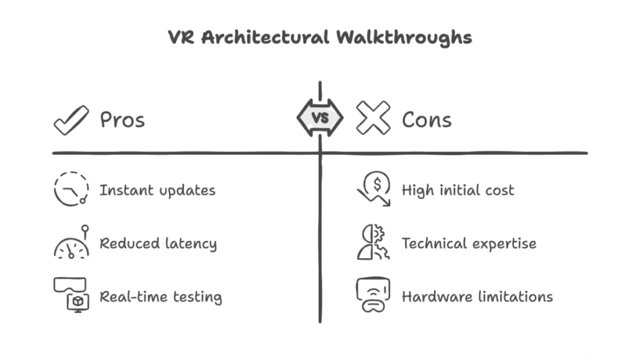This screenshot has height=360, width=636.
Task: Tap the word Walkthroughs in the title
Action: (x=404, y=37)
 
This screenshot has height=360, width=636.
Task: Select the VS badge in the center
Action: (x=320, y=118)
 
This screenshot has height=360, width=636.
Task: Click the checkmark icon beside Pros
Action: (x=71, y=119)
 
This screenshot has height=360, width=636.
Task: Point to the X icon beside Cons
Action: (x=373, y=118)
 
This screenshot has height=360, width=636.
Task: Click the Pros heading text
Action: (x=122, y=119)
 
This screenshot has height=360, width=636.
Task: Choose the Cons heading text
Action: (x=427, y=119)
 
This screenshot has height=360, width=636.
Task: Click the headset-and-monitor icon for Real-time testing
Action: (x=71, y=294)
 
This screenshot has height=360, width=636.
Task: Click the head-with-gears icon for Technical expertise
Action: (x=372, y=243)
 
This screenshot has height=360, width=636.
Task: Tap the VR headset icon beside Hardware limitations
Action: (x=373, y=295)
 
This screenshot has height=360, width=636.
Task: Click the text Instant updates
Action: (x=157, y=191)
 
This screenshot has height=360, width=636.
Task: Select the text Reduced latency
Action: (x=158, y=244)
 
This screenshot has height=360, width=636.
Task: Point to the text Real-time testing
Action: (x=160, y=297)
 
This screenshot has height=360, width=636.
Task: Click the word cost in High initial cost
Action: (x=500, y=191)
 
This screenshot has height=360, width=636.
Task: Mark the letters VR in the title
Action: (x=182, y=37)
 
